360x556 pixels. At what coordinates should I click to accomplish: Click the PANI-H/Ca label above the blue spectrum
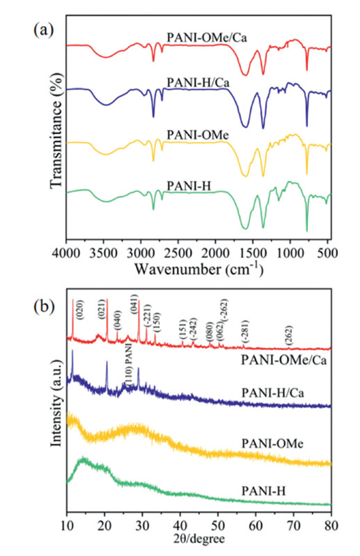pos(198,82)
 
